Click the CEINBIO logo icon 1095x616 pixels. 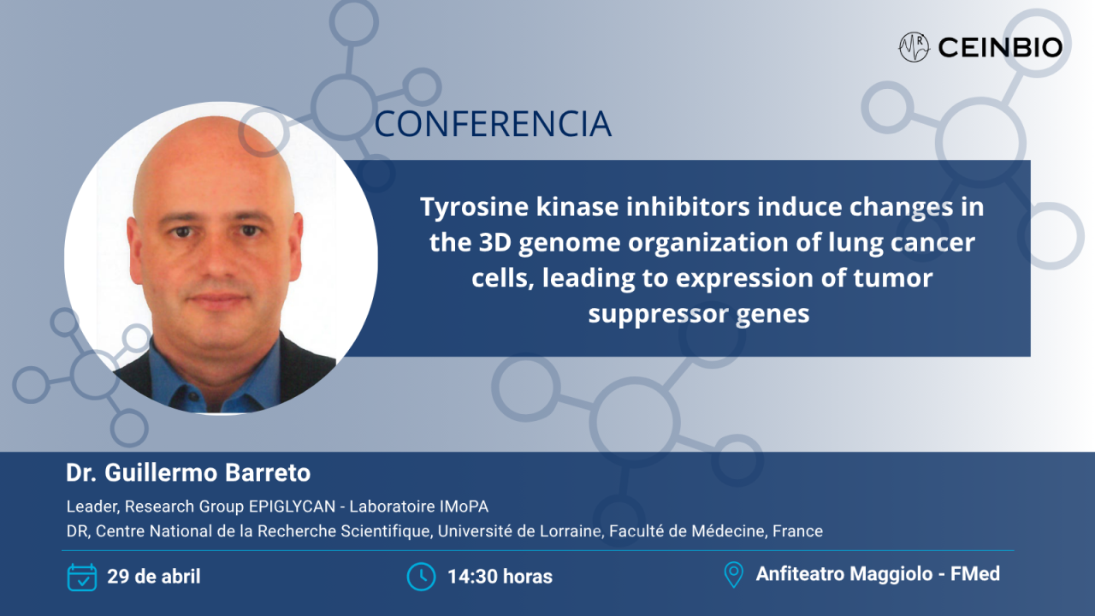[x=914, y=47]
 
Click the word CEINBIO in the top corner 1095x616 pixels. [x=1000, y=48]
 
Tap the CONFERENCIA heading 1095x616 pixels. [x=493, y=124]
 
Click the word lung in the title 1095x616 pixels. [x=858, y=243]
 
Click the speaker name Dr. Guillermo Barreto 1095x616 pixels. [x=188, y=472]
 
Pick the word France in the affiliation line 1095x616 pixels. [x=797, y=531]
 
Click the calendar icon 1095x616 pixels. [x=82, y=577]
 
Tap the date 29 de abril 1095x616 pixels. [x=154, y=577]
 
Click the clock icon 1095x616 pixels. [x=421, y=577]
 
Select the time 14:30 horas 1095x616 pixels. [x=500, y=577]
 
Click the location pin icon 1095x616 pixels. [x=733, y=574]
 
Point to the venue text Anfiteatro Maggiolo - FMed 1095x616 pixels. [x=878, y=574]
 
